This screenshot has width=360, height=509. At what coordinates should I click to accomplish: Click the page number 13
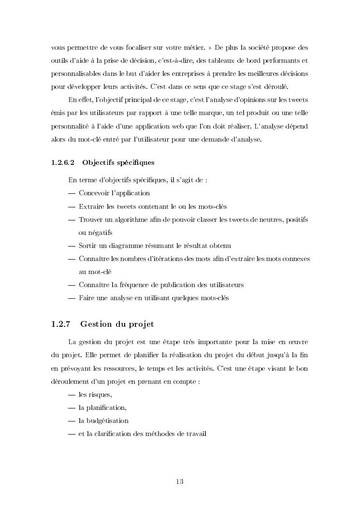point(180,481)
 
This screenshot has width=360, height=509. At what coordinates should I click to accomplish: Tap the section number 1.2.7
point(61,324)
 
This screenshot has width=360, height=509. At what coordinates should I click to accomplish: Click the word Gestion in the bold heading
point(97,324)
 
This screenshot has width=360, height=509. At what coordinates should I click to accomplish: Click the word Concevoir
point(94,193)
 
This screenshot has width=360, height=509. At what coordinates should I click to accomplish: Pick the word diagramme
point(131,246)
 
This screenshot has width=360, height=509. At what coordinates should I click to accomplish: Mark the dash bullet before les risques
point(72,394)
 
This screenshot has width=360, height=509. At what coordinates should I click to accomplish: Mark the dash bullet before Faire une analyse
point(72,298)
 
